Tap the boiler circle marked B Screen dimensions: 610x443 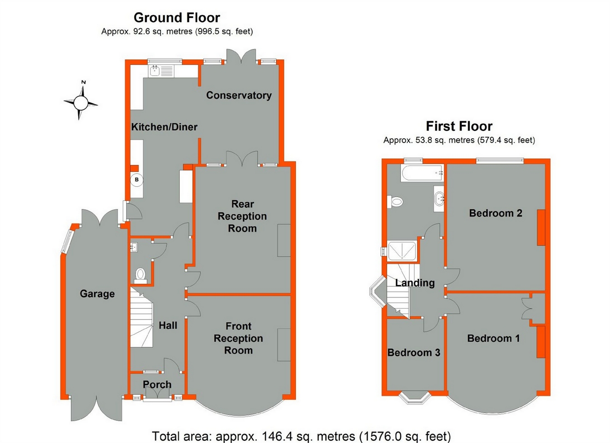(137, 179)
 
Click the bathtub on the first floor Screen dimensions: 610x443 (422, 173)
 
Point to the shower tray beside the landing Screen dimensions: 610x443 (402, 250)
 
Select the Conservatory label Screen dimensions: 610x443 (239, 95)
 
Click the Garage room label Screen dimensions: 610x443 (97, 294)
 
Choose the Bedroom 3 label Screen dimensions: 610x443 (413, 353)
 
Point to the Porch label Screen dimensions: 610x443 (157, 384)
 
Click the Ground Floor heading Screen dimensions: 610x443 (177, 18)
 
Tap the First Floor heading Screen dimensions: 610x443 (459, 126)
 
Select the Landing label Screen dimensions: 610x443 (415, 283)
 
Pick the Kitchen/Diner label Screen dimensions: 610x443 (164, 127)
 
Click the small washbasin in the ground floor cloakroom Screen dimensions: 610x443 (134, 247)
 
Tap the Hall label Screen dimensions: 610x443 (168, 325)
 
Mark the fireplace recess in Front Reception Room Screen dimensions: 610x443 (284, 344)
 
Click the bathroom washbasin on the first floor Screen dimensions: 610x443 (439, 199)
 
